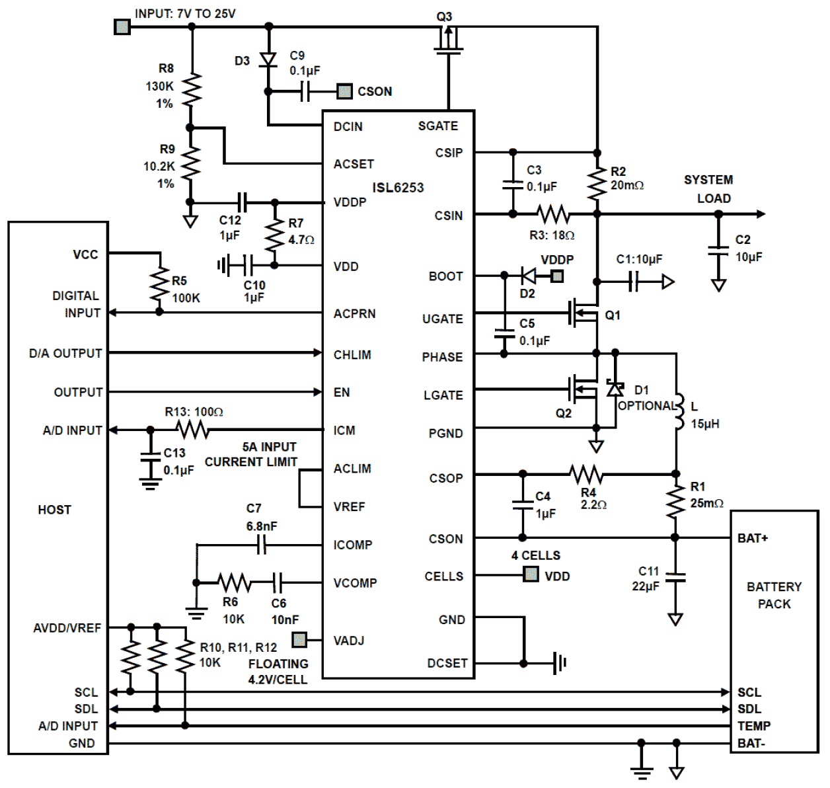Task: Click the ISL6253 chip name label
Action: pyautogui.click(x=398, y=188)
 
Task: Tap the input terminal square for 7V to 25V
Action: pyautogui.click(x=122, y=27)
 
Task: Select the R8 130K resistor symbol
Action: pyautogui.click(x=191, y=90)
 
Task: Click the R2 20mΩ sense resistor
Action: pyautogui.click(x=597, y=183)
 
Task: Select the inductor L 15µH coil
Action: pyautogui.click(x=677, y=412)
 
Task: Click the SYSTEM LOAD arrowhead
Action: pyautogui.click(x=761, y=214)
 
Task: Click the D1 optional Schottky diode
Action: pyautogui.click(x=615, y=388)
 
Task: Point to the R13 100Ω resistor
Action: pyautogui.click(x=192, y=431)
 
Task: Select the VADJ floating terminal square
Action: pyautogui.click(x=299, y=640)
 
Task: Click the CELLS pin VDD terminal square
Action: pyautogui.click(x=531, y=574)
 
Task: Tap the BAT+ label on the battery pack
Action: pyautogui.click(x=753, y=539)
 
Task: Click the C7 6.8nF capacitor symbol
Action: pyautogui.click(x=262, y=545)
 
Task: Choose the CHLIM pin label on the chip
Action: pyautogui.click(x=352, y=355)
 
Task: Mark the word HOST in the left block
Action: pyautogui.click(x=54, y=510)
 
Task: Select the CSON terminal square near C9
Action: pyautogui.click(x=344, y=92)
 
